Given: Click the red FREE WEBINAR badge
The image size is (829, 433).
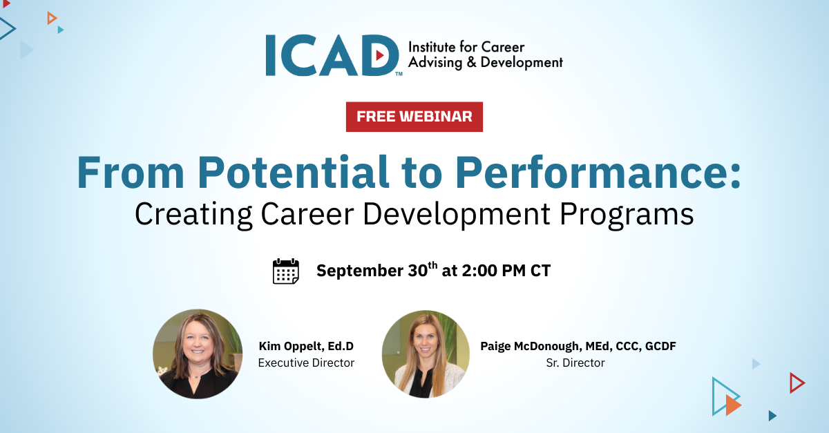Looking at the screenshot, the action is (x=414, y=117).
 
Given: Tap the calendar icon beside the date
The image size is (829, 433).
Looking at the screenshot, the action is (x=286, y=271).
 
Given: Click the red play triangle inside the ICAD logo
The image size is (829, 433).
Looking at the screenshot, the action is (x=380, y=55).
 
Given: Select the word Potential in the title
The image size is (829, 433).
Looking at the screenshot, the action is (x=293, y=173).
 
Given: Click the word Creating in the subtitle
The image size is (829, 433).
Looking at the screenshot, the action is (x=193, y=215).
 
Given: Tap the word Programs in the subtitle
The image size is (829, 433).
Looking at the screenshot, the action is (x=627, y=215).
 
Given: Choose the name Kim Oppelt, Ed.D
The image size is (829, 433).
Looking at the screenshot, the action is (x=306, y=346).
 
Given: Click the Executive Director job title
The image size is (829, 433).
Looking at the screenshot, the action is (x=306, y=363).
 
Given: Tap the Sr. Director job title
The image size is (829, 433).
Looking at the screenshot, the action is (x=575, y=363).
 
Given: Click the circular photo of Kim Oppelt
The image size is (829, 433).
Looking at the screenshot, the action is (x=198, y=354).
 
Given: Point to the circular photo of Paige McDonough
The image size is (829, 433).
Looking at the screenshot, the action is (x=426, y=354).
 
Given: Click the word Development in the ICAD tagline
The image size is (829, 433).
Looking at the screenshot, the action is (x=522, y=63).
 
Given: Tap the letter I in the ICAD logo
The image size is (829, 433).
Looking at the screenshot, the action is (x=271, y=55).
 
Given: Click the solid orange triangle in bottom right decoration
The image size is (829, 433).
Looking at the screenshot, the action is (x=733, y=405).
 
